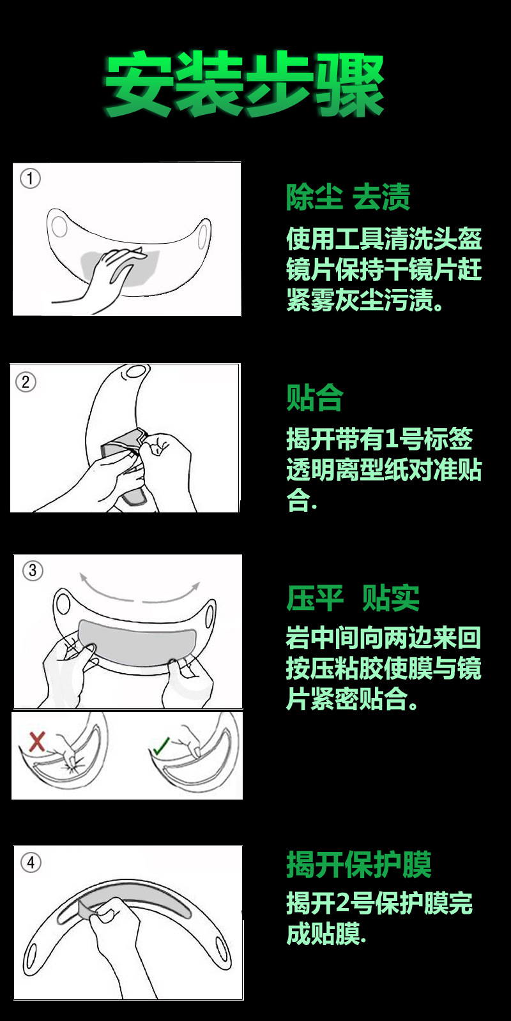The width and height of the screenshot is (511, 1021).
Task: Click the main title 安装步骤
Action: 244,85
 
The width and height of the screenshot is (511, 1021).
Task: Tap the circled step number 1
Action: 30,178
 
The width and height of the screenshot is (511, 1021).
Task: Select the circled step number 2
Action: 26,382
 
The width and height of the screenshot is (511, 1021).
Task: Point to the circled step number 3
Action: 33,570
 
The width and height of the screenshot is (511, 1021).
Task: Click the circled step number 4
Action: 31,863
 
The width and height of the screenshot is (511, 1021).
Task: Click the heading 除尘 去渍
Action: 347,197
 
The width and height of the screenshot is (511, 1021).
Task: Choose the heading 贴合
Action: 314,398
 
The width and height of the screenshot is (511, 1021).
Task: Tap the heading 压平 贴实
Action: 353,598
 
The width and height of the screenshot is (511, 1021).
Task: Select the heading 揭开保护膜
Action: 358,865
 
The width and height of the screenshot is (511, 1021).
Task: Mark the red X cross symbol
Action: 37,741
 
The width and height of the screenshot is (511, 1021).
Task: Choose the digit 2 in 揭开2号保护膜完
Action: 342,904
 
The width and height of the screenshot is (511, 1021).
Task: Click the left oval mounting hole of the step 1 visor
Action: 59,226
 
